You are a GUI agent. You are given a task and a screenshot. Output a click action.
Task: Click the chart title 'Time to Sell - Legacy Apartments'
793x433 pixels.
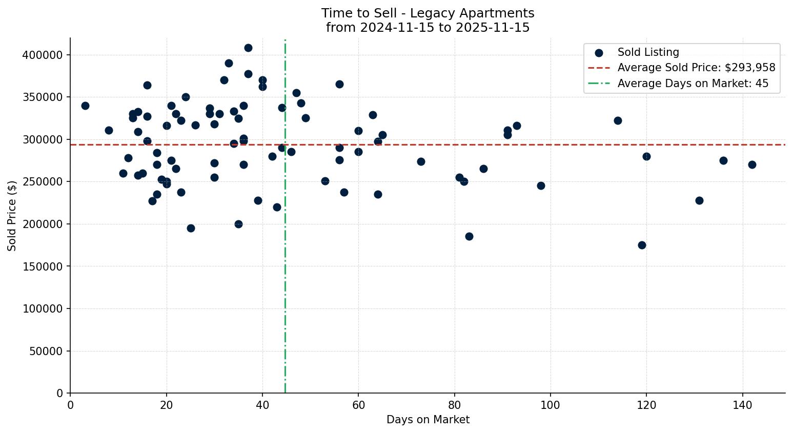428,13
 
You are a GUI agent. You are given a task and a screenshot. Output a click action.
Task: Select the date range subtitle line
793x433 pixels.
428,28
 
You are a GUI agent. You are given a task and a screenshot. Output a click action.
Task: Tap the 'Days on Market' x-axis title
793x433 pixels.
428,420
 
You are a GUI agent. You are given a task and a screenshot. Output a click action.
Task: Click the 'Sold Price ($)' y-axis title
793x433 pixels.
12,216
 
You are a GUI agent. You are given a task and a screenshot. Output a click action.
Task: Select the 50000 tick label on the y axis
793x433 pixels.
45,351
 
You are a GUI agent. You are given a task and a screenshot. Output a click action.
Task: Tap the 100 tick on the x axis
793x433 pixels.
550,405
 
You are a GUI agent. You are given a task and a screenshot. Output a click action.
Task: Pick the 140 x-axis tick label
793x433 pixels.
742,405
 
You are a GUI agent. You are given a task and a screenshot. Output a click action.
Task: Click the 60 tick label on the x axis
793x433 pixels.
358,405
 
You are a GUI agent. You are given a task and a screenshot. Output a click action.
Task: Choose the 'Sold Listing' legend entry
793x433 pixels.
648,52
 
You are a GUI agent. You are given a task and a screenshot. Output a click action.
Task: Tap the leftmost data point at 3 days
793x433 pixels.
85,106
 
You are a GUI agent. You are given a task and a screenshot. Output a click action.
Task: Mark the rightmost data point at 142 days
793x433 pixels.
752,164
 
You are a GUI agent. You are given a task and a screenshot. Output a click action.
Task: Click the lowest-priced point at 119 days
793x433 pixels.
642,245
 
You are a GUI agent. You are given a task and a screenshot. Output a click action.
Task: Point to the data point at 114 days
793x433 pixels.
618,120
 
